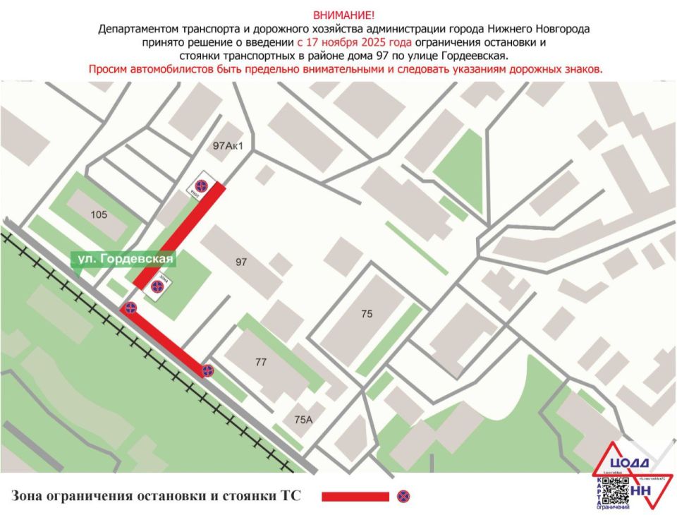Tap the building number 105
coord(99,214)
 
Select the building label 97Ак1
coord(228,147)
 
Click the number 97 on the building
coord(242,262)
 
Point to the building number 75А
coord(303,419)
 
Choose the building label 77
coord(261,363)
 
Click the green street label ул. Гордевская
coord(126,260)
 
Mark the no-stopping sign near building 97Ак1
coord(201,186)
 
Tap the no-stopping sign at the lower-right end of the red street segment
coord(207,370)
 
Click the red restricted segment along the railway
coord(167,341)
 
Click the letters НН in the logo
coord(641,490)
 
